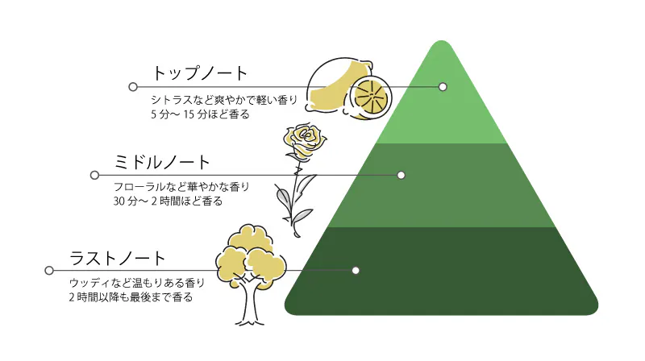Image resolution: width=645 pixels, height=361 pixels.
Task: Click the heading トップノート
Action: point(200,73)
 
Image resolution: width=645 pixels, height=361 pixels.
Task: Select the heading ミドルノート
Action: point(162,163)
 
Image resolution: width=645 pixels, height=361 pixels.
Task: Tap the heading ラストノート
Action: point(118,258)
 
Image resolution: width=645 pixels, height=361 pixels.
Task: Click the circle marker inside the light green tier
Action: point(443,87)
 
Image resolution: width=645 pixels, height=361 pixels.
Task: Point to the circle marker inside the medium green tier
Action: point(401,175)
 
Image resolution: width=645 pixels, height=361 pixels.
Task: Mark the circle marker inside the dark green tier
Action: point(356,270)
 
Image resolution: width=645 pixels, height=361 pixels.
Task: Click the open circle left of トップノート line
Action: point(133,87)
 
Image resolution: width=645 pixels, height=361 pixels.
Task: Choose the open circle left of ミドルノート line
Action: point(94,175)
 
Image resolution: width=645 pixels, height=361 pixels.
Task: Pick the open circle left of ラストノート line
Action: point(49,270)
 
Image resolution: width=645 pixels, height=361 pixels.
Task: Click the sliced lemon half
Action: point(371,98)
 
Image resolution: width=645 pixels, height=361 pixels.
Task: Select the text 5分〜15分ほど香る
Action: point(200,114)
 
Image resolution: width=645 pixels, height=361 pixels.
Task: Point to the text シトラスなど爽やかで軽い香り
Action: point(224,99)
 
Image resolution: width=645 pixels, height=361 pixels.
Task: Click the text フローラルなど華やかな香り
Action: point(181,187)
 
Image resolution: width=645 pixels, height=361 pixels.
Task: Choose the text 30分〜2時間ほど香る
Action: point(168,201)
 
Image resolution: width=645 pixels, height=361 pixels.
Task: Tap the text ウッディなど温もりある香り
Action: point(137,283)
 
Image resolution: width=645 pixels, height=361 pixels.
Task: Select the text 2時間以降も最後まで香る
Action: point(131,297)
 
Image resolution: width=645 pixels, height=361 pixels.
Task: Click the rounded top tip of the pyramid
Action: point(441,42)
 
